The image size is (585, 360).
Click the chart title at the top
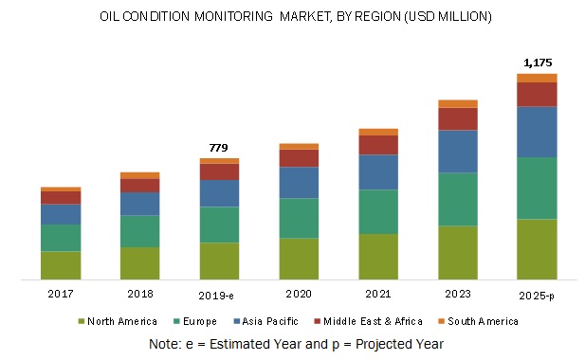click(292, 17)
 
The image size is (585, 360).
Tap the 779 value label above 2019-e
click(219, 147)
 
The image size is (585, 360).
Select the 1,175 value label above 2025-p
click(537, 63)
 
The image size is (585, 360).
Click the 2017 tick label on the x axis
click(60, 295)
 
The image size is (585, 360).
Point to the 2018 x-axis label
click(139, 295)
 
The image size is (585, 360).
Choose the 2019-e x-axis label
click(219, 295)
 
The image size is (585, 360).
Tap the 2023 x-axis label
click(457, 295)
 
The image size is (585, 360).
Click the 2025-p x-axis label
click(537, 295)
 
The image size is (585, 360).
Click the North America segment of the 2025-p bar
click(537, 249)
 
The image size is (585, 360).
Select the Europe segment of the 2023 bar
click(457, 199)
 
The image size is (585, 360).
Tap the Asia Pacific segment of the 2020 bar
click(299, 182)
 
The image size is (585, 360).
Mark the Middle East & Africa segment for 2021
click(378, 144)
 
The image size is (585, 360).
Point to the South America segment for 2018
click(139, 175)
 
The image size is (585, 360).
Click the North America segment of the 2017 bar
click(60, 265)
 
